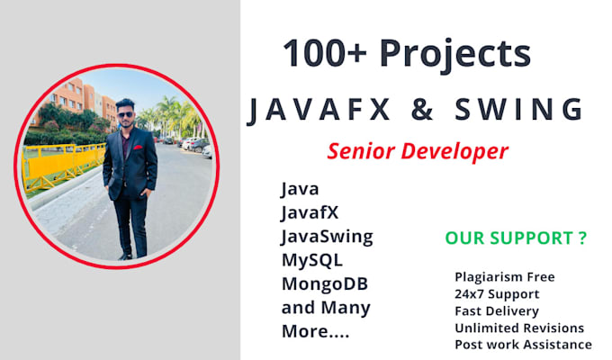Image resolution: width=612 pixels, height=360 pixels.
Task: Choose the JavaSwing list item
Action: [x=327, y=238]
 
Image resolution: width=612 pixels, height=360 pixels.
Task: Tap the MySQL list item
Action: [x=311, y=261]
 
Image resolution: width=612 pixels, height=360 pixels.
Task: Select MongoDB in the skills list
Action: [x=325, y=284]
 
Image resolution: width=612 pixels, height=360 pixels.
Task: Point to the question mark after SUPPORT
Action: [x=582, y=238]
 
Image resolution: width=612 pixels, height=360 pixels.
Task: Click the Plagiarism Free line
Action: [x=504, y=277]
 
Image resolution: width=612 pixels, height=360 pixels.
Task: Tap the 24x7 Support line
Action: [x=498, y=293]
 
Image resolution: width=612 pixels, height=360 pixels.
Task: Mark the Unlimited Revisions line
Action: [x=519, y=328]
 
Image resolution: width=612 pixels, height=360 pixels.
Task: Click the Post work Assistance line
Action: [x=523, y=345]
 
